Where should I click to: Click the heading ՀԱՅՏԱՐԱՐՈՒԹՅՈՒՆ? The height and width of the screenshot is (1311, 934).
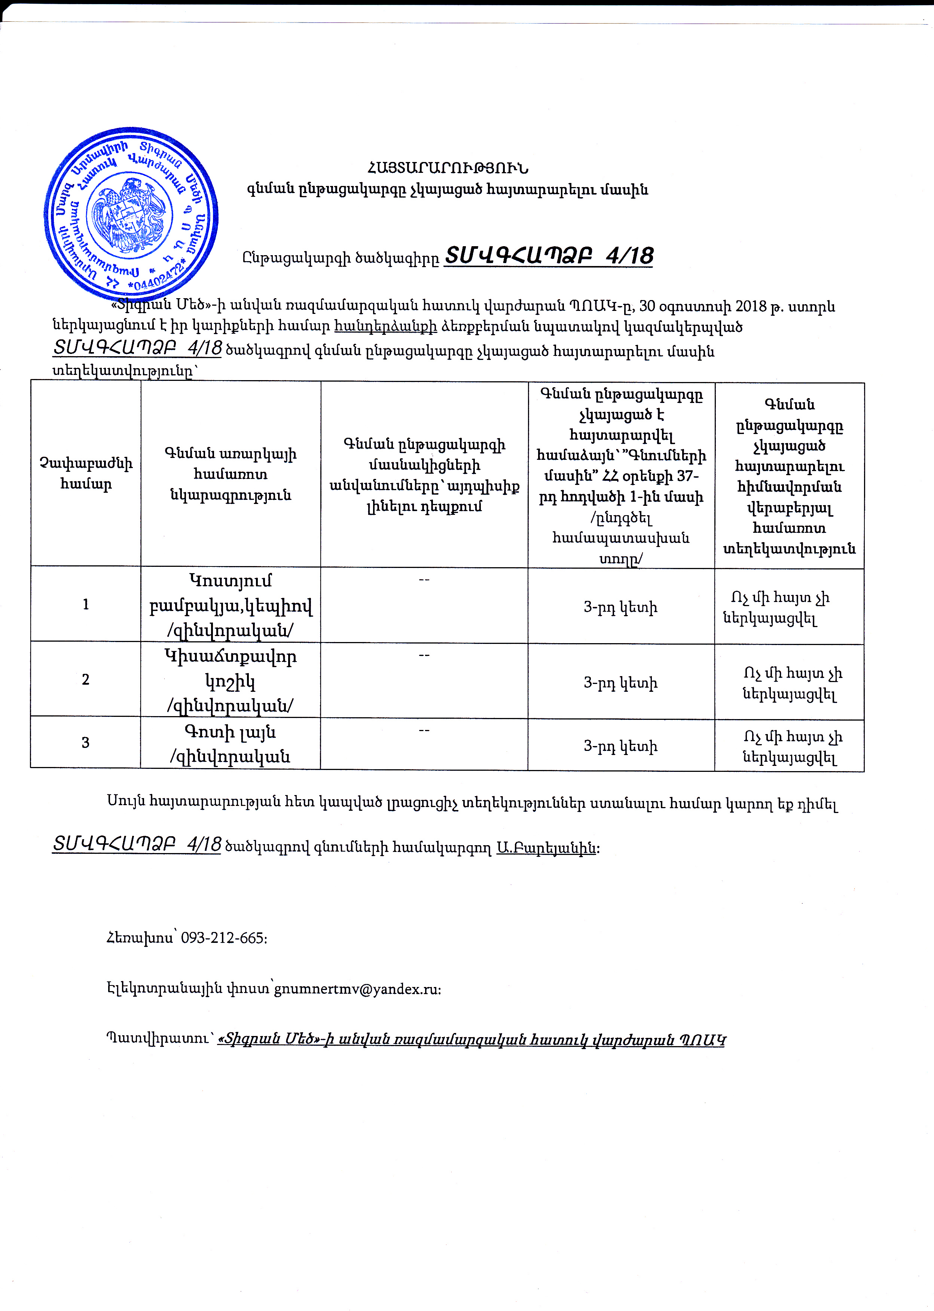click(x=448, y=168)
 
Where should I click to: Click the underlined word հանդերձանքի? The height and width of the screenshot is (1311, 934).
click(x=385, y=327)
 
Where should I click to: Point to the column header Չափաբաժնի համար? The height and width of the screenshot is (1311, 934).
click(x=86, y=473)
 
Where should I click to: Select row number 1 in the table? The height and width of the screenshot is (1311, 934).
click(x=86, y=604)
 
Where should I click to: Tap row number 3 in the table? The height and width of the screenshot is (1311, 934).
click(x=86, y=742)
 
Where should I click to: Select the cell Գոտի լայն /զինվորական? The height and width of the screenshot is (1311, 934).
click(x=231, y=743)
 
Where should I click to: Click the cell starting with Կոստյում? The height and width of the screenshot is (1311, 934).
click(x=231, y=605)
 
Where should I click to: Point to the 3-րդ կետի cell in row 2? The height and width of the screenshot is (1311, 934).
click(x=620, y=682)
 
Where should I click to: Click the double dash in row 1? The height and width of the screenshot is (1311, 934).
click(x=424, y=580)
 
